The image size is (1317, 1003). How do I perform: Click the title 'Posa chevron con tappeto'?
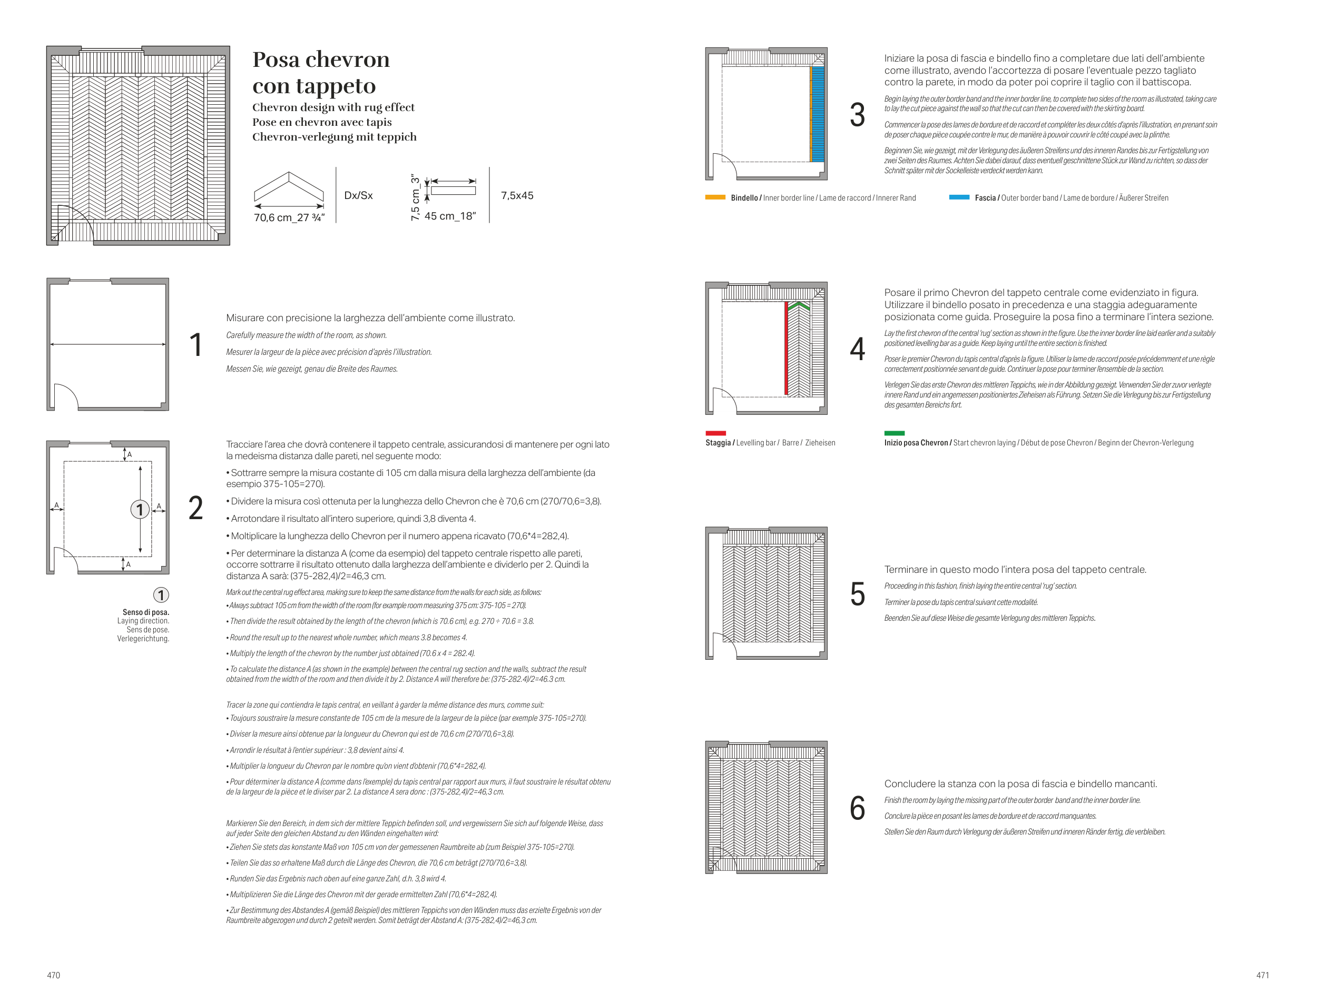321,72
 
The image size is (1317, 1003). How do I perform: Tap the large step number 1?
196,345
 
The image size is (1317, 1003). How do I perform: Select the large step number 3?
857,115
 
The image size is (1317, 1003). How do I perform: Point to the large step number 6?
857,808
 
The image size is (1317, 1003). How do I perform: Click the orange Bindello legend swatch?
715,197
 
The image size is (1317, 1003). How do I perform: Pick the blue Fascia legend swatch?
959,197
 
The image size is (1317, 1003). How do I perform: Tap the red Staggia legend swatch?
715,433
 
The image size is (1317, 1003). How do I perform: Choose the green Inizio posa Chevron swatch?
894,433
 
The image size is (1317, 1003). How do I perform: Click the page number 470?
54,975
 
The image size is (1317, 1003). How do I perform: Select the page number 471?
1262,975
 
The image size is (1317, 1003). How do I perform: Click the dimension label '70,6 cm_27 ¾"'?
289,218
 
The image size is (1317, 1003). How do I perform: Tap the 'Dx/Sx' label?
358,195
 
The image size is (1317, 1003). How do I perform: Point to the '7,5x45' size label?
517,195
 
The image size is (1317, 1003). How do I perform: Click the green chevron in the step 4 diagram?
799,306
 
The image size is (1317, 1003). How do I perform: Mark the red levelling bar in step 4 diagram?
786,349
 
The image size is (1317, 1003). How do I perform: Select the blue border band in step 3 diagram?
818,113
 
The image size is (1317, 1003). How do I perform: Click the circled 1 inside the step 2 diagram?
140,509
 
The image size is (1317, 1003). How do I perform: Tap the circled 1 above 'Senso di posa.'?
161,594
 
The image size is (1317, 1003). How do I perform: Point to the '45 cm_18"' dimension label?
450,216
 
